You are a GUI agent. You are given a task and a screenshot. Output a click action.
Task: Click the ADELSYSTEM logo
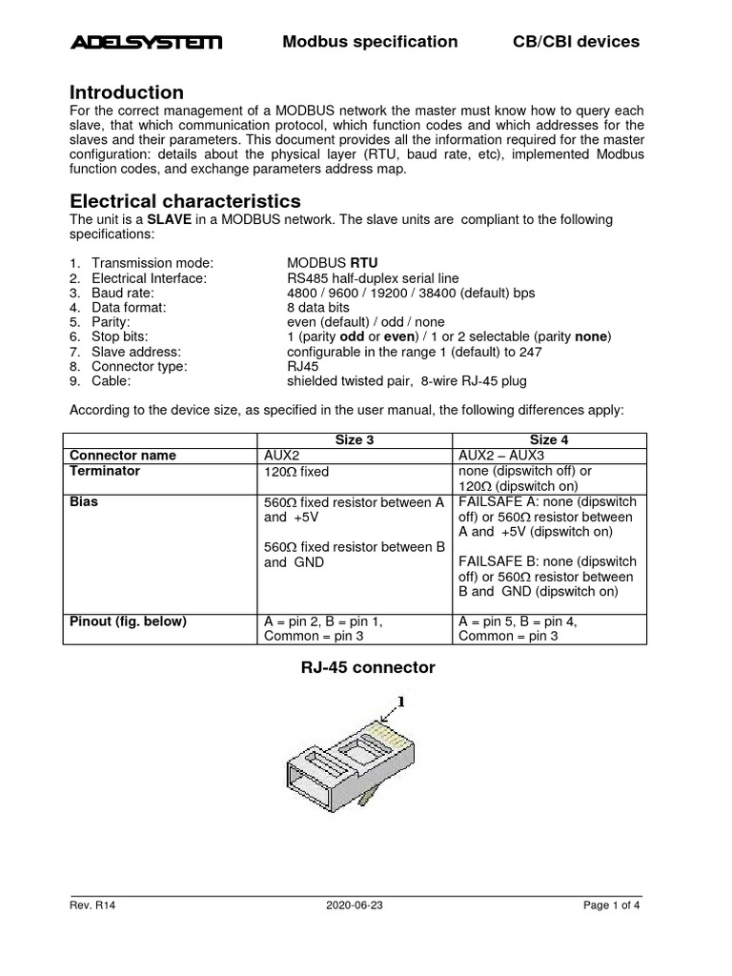[x=146, y=42]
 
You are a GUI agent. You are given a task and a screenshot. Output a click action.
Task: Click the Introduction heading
[x=127, y=93]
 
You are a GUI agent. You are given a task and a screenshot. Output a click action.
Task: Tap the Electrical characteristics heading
[x=185, y=201]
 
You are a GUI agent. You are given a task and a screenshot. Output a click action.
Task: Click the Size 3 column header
[x=356, y=440]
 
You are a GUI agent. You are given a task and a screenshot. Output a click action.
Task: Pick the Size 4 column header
[x=550, y=440]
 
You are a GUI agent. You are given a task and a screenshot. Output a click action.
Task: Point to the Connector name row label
[x=123, y=456]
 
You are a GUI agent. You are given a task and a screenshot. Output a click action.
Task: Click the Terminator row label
[x=105, y=471]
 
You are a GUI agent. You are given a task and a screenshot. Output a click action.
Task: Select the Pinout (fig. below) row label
[x=128, y=621]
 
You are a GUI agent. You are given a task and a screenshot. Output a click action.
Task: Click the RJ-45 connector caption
[x=367, y=668]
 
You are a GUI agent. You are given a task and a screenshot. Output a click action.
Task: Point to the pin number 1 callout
[x=401, y=701]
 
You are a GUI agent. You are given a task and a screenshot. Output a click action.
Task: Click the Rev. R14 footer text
[x=92, y=906]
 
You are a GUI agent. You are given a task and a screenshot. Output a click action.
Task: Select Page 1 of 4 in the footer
[x=612, y=906]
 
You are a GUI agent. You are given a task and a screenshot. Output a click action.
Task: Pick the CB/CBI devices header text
[x=576, y=42]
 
